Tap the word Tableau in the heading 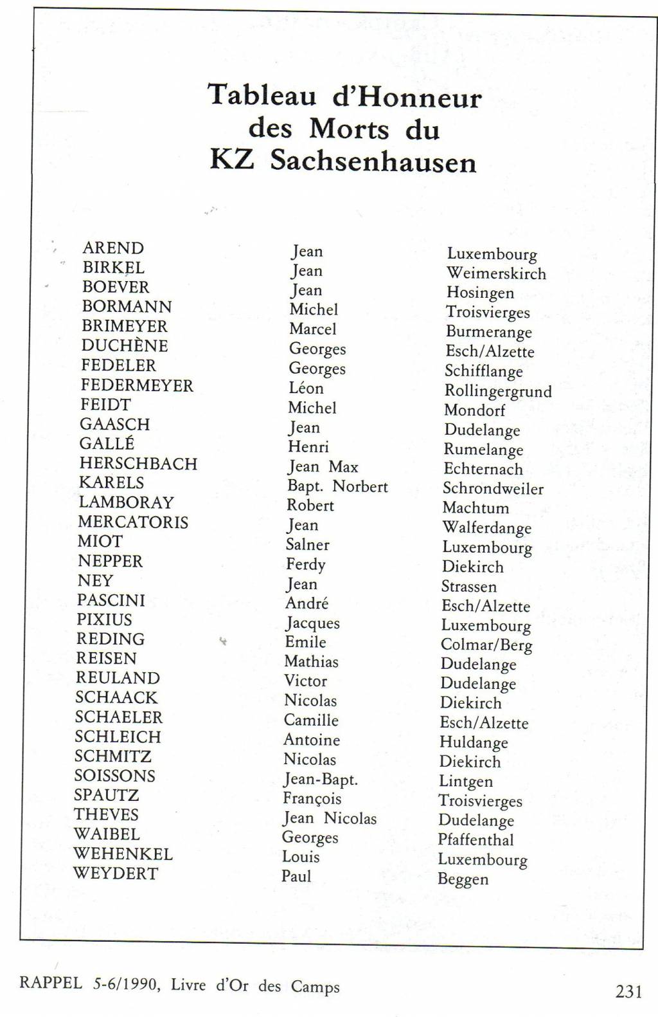coord(262,96)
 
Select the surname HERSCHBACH coord(138,464)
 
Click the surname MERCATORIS coord(133,522)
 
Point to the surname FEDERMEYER coord(137,385)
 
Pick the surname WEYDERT coord(116,874)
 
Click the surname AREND coord(113,248)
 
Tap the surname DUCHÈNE coord(125,345)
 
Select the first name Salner coord(307,545)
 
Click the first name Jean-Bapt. coord(320,780)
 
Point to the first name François coord(312,799)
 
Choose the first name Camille coord(311,720)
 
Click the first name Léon coord(306,389)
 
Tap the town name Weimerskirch coord(496,273)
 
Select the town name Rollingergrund coord(498,391)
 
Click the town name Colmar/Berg coord(486,645)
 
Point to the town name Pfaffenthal coord(476,840)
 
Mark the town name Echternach coord(483,469)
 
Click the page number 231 coord(628,992)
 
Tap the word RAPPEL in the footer coord(51,984)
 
